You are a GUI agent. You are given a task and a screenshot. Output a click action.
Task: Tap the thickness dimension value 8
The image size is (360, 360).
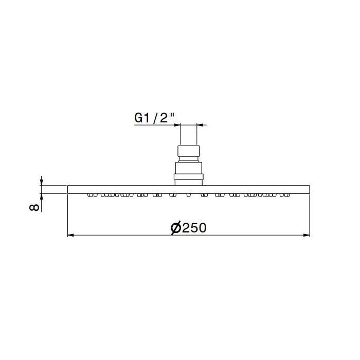click(34, 207)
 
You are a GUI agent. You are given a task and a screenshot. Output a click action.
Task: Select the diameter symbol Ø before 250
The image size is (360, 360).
click(176, 228)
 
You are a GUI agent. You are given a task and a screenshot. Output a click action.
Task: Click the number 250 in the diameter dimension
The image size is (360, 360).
click(194, 228)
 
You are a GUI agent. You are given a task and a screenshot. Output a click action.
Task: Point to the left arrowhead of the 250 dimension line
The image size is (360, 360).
click(70, 235)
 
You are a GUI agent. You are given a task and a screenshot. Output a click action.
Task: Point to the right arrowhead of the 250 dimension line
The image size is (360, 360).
click(307, 235)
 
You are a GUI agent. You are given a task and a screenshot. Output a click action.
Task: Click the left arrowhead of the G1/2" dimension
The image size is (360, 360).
click(177, 125)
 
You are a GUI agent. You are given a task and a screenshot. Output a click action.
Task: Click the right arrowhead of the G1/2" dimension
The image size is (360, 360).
click(200, 125)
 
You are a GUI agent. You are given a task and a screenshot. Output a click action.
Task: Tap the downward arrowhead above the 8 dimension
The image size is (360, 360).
click(41, 182)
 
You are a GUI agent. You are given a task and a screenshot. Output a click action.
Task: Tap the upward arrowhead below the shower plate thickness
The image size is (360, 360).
click(41, 197)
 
